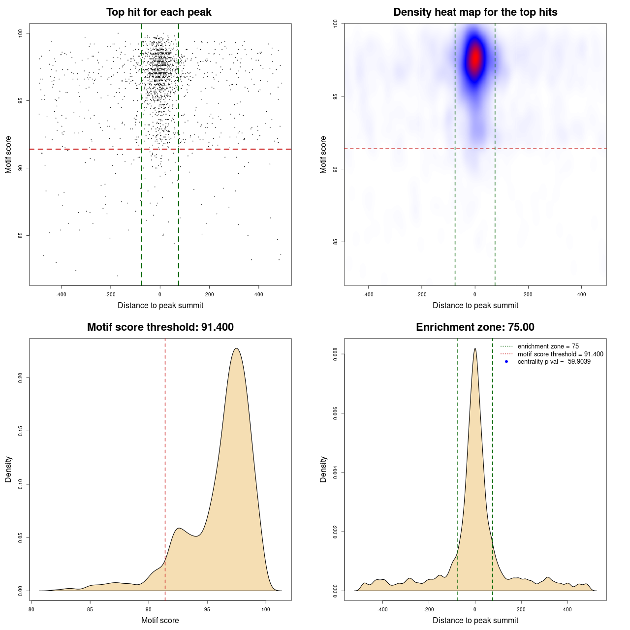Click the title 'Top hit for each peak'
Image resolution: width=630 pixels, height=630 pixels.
[x=159, y=12]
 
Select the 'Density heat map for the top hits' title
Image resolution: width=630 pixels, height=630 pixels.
[x=475, y=12]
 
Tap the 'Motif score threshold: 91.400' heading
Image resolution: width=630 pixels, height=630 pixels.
[x=160, y=327]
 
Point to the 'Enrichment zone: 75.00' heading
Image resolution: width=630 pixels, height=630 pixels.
[x=475, y=327]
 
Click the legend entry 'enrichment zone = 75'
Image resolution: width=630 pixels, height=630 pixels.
[x=548, y=346]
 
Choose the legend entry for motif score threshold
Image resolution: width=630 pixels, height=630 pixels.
[x=560, y=354]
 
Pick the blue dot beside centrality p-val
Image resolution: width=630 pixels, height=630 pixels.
[x=506, y=362]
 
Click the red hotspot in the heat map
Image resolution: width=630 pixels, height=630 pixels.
[x=475, y=58]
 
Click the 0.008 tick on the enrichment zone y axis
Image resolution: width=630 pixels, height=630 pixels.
[x=336, y=354]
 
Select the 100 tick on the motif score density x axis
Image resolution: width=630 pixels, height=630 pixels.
[x=266, y=609]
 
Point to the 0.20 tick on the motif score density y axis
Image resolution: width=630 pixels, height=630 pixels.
[x=21, y=378]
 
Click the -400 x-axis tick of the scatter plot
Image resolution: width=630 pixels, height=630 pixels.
[x=61, y=294]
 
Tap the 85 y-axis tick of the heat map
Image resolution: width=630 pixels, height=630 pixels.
[x=336, y=242]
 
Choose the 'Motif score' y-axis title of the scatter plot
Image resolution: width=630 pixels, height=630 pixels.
[x=8, y=155]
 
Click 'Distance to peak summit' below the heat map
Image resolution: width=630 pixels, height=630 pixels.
[x=475, y=306]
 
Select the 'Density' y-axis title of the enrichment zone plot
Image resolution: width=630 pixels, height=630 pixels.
[x=323, y=470]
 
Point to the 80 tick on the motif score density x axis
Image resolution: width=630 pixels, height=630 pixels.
[x=31, y=609]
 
